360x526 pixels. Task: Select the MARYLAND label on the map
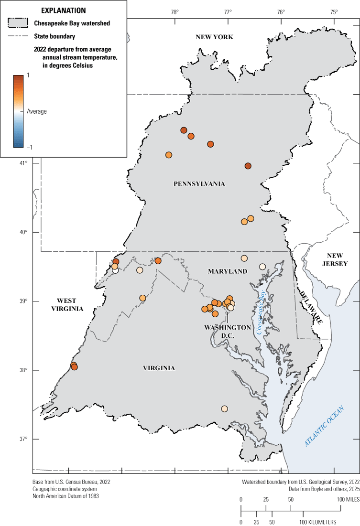pyautogui.click(x=228, y=271)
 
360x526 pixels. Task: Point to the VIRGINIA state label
pyautogui.click(x=159, y=368)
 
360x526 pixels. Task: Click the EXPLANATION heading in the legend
pyautogui.click(x=64, y=10)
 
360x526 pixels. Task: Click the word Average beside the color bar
pyautogui.click(x=36, y=111)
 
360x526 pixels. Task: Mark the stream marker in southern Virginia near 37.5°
pyautogui.click(x=224, y=408)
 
